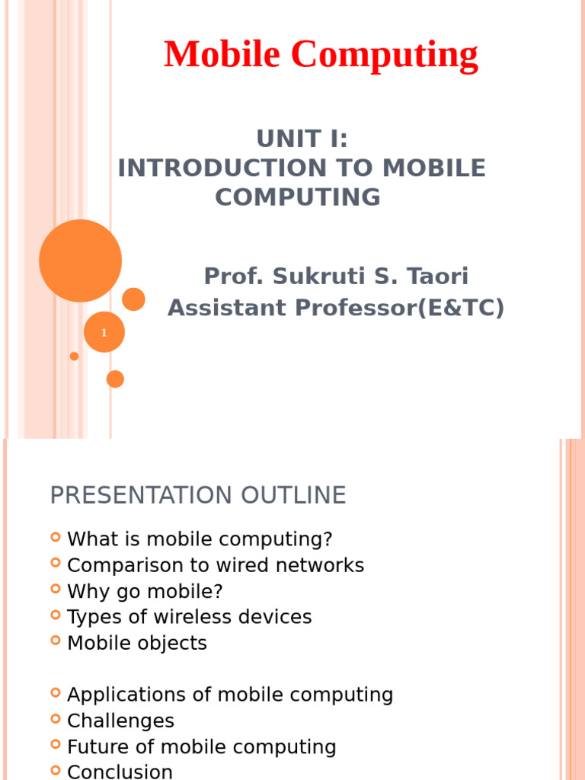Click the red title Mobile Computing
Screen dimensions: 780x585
(321, 55)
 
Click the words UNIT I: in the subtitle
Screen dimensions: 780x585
(302, 139)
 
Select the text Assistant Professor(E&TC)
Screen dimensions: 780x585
(336, 308)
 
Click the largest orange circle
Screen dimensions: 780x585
(80, 261)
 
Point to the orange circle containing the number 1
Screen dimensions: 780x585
(104, 332)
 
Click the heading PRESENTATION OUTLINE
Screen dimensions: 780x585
(198, 496)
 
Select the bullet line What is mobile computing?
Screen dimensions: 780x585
(200, 539)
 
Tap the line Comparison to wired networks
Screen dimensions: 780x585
(216, 565)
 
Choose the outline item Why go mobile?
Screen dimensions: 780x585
(145, 591)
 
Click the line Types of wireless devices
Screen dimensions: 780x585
(190, 617)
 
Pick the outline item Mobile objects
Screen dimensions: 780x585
(137, 643)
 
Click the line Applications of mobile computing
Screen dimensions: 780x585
(230, 695)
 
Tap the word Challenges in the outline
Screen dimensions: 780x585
(120, 721)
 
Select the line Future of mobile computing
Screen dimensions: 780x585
(202, 746)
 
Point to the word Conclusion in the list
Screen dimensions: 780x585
(120, 772)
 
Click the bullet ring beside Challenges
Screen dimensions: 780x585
(56, 718)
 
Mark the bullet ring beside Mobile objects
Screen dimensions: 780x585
(56, 640)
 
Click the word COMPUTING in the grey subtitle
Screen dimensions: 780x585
(298, 197)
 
